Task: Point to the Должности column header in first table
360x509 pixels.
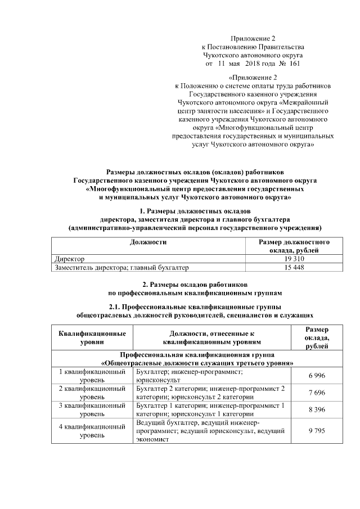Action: click(x=148, y=242)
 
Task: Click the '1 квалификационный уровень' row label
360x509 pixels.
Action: click(x=92, y=376)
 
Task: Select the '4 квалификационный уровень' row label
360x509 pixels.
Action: click(x=92, y=430)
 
